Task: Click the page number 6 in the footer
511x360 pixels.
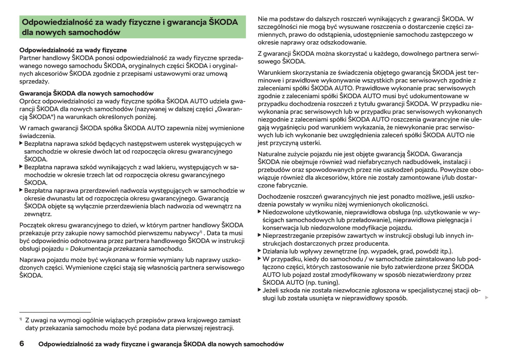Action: click(x=22, y=344)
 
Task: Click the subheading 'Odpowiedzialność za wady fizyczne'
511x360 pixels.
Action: click(x=73, y=50)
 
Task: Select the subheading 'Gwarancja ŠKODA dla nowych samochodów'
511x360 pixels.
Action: click(x=86, y=94)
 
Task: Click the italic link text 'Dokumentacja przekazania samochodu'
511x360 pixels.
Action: click(x=126, y=249)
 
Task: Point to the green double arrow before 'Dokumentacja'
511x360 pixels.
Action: click(x=67, y=249)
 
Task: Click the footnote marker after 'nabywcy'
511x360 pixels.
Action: click(x=201, y=232)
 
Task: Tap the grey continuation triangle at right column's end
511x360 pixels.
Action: click(x=487, y=298)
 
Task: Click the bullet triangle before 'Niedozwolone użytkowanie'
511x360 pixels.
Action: click(x=260, y=212)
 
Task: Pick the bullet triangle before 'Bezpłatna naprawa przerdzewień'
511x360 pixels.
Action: click(x=21, y=190)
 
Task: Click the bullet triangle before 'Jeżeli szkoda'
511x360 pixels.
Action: click(x=260, y=290)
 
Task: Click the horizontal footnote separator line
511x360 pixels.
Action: click(x=55, y=312)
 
